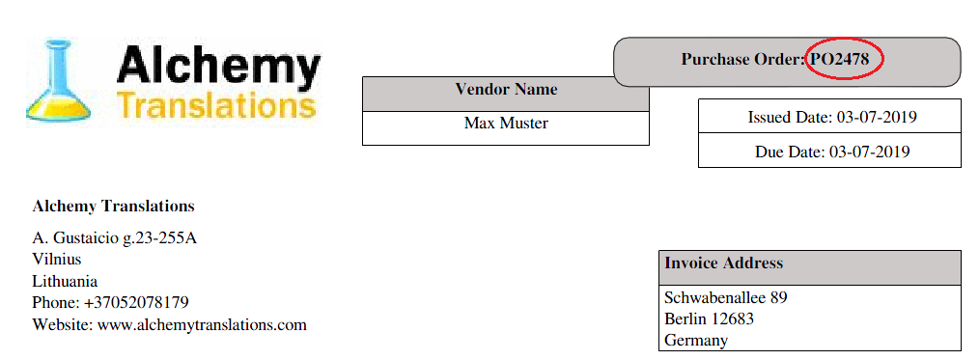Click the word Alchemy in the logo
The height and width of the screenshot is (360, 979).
tap(218, 66)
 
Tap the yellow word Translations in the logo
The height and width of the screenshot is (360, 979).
tap(216, 105)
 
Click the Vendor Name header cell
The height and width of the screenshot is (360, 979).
tap(506, 89)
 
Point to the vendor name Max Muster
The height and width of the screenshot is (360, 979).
tap(506, 124)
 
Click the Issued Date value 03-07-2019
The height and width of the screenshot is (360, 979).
tap(877, 117)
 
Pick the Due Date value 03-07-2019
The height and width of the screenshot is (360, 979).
tap(870, 152)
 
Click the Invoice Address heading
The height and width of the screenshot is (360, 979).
tap(723, 263)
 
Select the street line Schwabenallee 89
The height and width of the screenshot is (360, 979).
tap(725, 297)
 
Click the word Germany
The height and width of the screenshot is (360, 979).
tap(696, 341)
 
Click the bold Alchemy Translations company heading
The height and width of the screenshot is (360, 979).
tap(113, 206)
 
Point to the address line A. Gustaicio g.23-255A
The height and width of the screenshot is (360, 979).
tap(114, 238)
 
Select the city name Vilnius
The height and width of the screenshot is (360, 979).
tap(56, 259)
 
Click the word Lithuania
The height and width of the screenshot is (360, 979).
tap(65, 281)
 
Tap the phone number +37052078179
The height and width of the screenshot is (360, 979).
tap(136, 303)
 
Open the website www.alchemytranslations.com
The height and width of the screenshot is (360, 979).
tap(202, 325)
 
